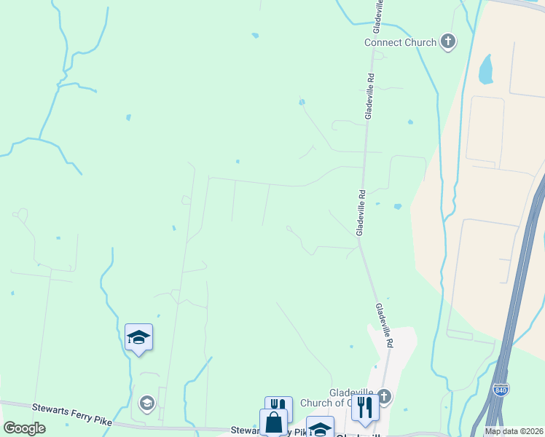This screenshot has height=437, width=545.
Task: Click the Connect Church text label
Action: coord(400,42)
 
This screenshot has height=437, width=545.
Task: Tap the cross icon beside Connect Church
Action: coord(449,42)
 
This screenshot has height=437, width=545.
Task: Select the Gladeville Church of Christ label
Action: coord(352,398)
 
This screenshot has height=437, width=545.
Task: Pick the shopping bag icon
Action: coord(273,422)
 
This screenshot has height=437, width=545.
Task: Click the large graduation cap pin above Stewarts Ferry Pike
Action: coord(138,337)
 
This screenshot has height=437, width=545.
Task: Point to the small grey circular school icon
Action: coord(146,403)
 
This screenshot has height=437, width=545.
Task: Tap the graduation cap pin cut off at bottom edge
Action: coord(320,428)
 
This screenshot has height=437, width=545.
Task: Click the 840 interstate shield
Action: coord(500,391)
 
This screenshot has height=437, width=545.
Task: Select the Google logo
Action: coord(25,428)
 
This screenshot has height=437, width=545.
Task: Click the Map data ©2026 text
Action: coord(514,431)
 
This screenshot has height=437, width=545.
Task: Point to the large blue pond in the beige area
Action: coord(485,70)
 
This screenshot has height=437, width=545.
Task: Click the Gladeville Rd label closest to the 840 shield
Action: coord(384,324)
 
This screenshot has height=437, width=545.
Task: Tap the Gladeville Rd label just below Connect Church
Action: coord(370,95)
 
